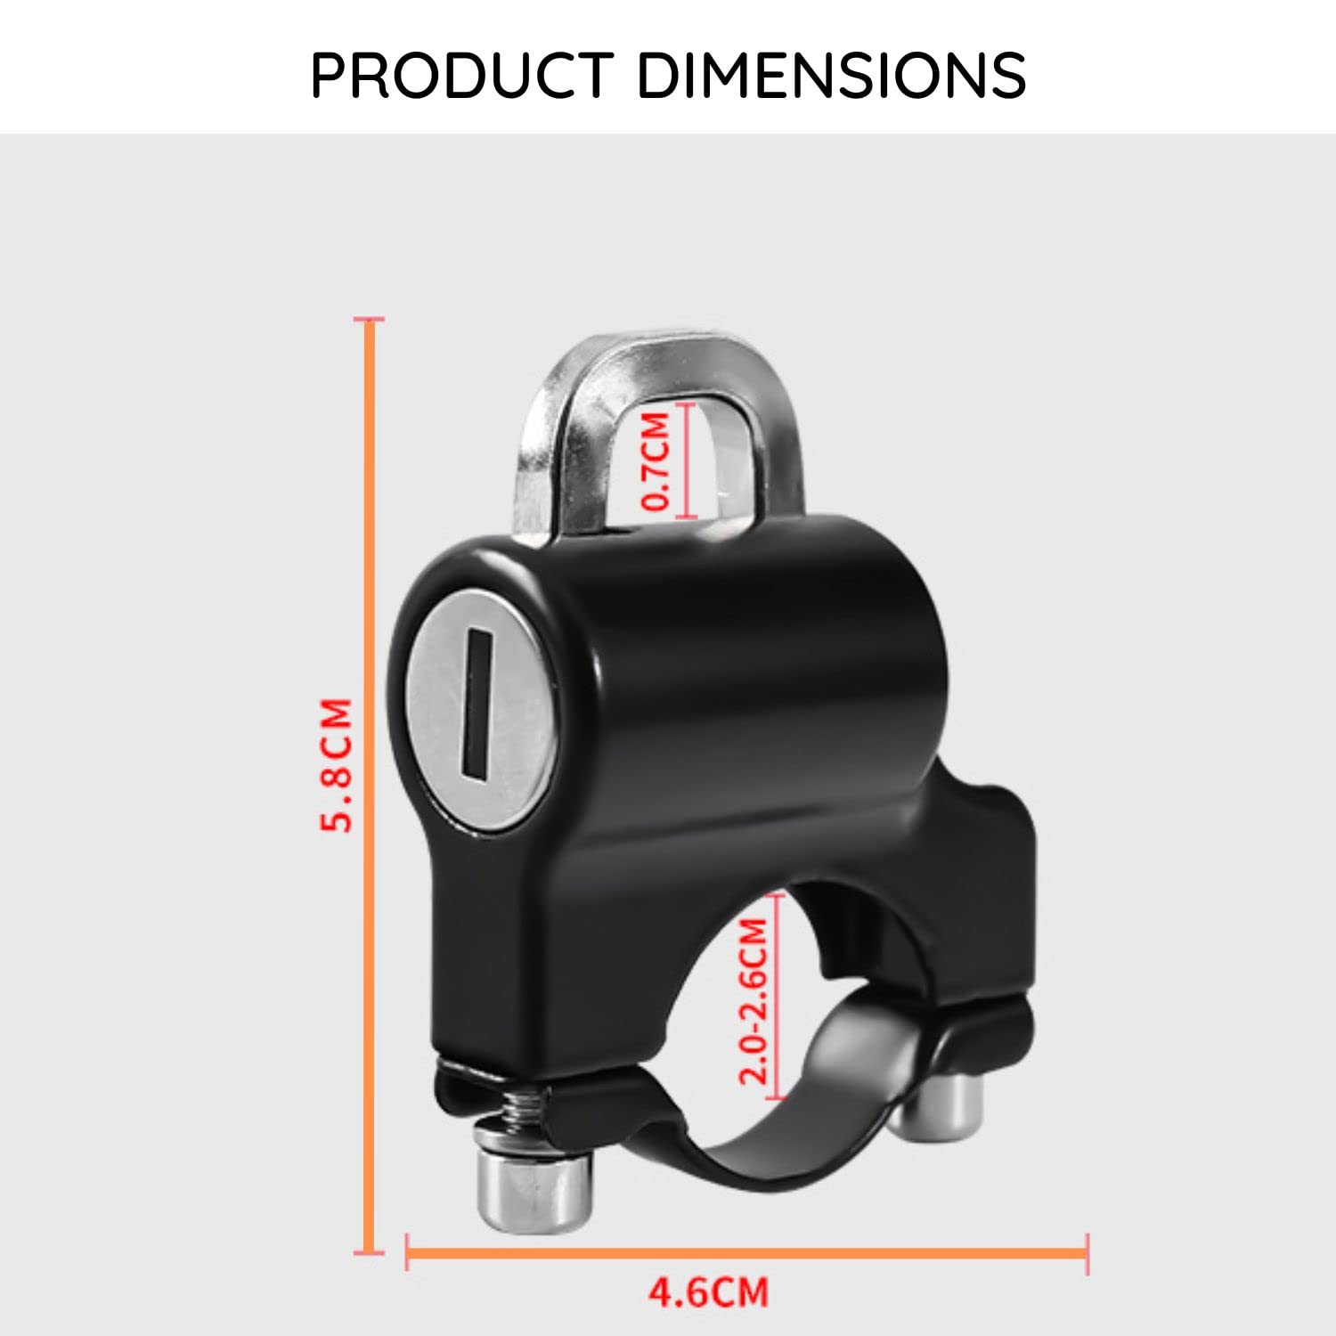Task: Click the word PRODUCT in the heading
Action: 462,75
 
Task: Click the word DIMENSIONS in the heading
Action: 832,75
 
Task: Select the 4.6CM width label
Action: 708,1291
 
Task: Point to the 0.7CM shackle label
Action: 657,461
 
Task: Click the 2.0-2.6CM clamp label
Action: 754,1001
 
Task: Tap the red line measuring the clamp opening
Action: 776,998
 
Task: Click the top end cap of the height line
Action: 370,319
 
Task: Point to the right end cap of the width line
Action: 1087,1252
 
